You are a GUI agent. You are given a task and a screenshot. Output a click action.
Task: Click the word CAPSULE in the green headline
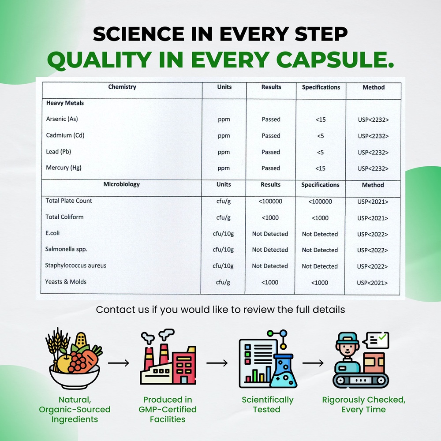[x=335, y=60]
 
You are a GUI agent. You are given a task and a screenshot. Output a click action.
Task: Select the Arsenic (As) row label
[x=62, y=119]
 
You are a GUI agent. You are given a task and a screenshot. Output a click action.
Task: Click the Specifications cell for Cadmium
[x=320, y=136]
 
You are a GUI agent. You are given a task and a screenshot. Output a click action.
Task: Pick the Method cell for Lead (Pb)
[x=373, y=153]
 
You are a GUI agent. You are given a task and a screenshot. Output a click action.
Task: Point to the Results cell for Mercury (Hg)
[x=271, y=168]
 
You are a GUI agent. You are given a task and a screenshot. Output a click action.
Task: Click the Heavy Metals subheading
[x=65, y=103]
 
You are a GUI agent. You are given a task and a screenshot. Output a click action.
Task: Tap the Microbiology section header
[x=122, y=184]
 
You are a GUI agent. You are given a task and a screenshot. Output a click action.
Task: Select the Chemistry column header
[x=122, y=86]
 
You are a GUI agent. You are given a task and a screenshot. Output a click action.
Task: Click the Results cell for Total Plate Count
[x=270, y=202]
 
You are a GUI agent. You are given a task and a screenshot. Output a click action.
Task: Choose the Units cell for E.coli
[x=223, y=234]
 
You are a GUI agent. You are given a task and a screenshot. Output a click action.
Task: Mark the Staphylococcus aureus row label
[x=76, y=265]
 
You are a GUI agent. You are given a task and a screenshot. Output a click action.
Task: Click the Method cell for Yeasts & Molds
[x=372, y=283]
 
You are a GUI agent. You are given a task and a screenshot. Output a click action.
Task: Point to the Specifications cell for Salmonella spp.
[x=320, y=250]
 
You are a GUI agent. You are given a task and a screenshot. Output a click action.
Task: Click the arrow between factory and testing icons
[x=217, y=363]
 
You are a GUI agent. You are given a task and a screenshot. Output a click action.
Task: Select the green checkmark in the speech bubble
[x=382, y=336]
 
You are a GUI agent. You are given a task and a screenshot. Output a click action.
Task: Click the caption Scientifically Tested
[x=267, y=404]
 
